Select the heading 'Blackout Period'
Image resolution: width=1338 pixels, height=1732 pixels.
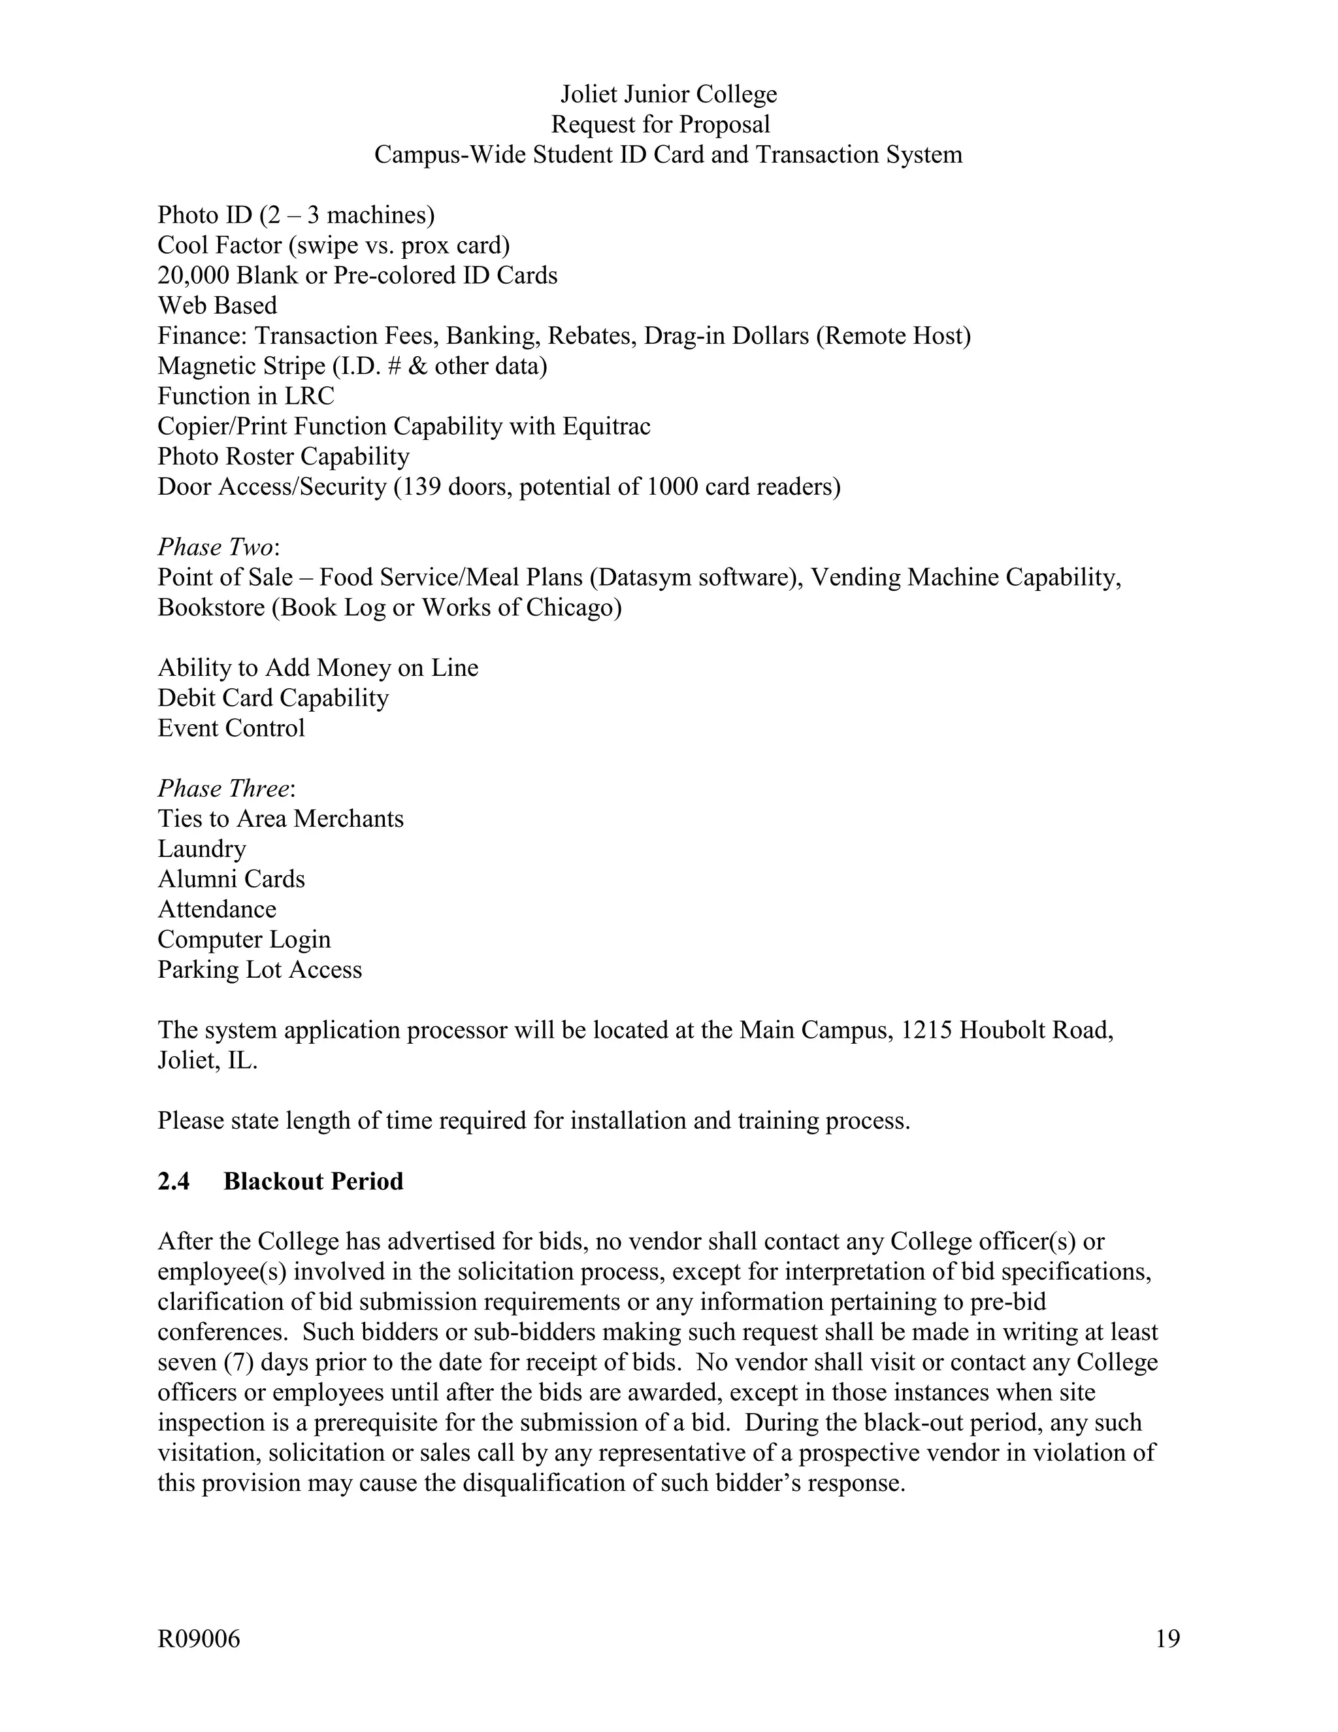[x=313, y=1181]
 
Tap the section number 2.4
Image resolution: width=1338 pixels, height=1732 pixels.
[x=174, y=1181]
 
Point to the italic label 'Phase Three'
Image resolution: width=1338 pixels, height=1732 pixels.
[x=223, y=788]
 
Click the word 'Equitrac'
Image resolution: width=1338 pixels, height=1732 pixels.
[x=606, y=426]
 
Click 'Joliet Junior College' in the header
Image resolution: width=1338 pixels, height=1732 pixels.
[x=668, y=93]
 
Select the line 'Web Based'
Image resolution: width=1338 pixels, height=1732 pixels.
[x=217, y=305]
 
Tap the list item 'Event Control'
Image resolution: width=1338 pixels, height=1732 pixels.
[x=231, y=728]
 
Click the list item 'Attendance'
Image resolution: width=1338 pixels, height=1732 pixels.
[x=216, y=909]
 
